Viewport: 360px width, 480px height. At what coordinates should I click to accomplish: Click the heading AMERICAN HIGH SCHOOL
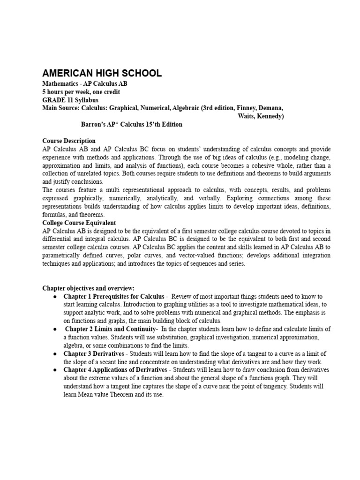(102, 73)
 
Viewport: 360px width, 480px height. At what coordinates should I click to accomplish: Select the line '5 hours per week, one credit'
(81, 91)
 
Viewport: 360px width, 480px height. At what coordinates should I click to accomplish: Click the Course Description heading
(69, 141)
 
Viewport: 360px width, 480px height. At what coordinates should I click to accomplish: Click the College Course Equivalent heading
(79, 223)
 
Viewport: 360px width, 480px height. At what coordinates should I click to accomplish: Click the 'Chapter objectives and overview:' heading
(88, 288)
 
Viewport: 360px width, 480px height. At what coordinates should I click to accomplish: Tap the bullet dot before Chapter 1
(55, 297)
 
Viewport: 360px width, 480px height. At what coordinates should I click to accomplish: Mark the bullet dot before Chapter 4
(55, 370)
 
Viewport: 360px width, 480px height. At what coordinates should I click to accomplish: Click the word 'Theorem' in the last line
(115, 394)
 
